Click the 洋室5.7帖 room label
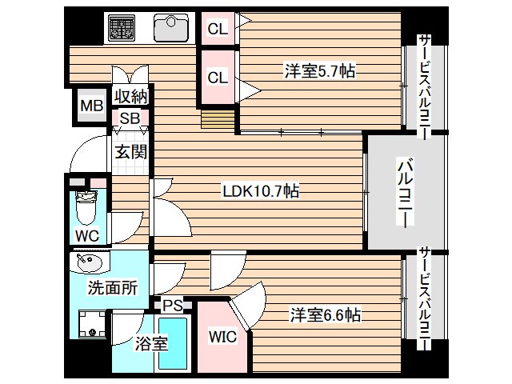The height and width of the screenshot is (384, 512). [319, 71]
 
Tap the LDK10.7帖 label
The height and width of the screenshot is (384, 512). [261, 191]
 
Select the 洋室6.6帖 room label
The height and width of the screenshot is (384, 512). [325, 314]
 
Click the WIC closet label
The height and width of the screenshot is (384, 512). [223, 337]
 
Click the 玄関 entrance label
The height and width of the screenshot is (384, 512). [129, 150]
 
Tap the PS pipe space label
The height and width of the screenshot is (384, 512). [172, 305]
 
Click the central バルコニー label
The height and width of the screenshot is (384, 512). [406, 192]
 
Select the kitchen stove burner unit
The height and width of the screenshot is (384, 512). [124, 30]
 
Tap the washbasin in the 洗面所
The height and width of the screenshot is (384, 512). [84, 262]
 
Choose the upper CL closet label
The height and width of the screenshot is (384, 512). [218, 30]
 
